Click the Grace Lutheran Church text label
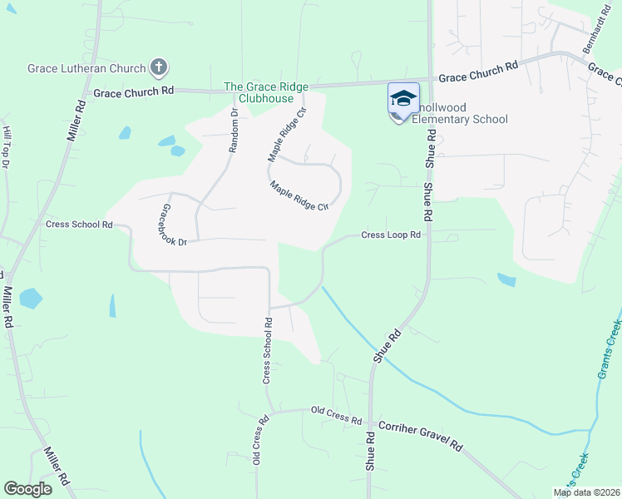[86, 67]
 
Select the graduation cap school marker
[403, 100]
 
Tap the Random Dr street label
[234, 131]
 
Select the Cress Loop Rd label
[391, 235]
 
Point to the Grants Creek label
[610, 348]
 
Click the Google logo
[27, 489]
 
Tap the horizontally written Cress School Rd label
[79, 225]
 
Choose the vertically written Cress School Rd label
[268, 350]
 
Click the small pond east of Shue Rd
[505, 279]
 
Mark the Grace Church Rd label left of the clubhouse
[133, 91]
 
